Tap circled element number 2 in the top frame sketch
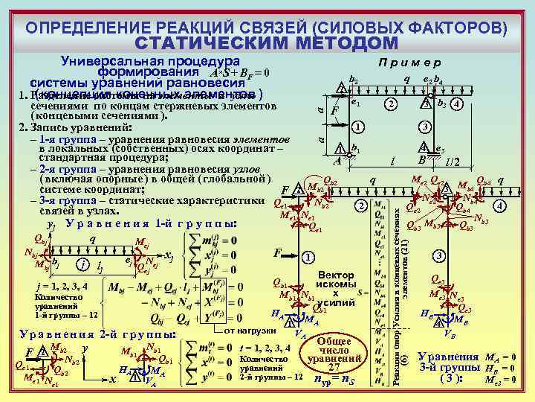pyautogui.click(x=390, y=104)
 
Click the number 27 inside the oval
pyautogui.click(x=334, y=366)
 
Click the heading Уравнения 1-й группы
pyautogui.click(x=152, y=224)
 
